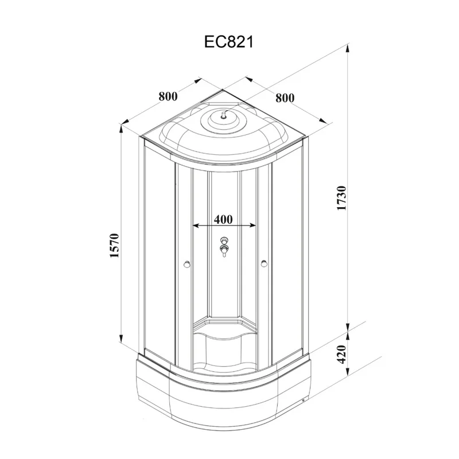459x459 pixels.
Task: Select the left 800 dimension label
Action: [168, 96]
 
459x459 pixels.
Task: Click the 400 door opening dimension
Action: [223, 219]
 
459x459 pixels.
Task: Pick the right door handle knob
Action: [264, 264]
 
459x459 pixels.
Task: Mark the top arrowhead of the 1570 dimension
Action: [121, 130]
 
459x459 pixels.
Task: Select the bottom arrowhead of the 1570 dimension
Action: [121, 337]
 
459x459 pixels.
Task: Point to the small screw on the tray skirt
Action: [303, 400]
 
